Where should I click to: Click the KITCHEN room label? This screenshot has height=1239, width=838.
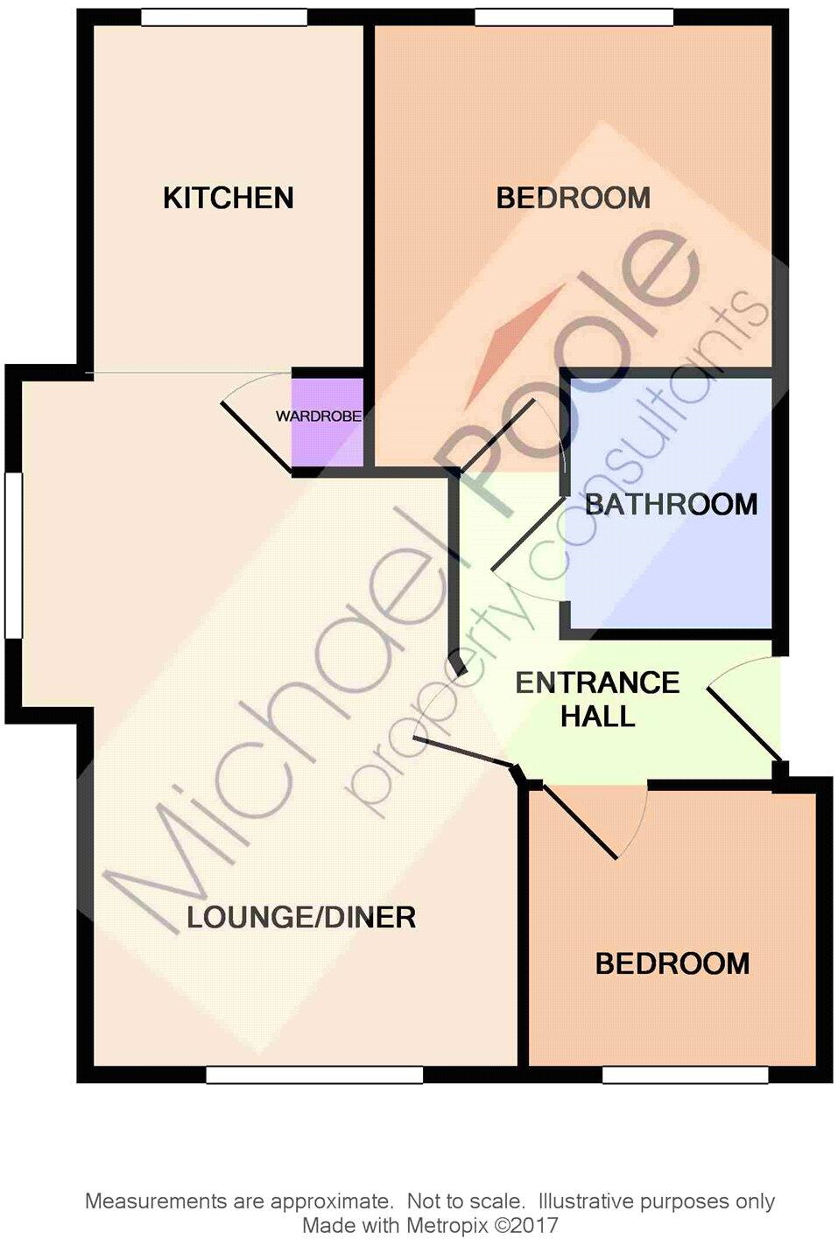click(228, 198)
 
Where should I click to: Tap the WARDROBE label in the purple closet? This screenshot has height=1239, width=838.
click(318, 416)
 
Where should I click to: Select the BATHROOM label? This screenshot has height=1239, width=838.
click(671, 504)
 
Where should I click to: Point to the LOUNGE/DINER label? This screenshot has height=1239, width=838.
click(301, 917)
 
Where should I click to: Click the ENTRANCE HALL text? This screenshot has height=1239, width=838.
click(597, 699)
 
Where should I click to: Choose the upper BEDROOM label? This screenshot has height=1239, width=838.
click(573, 198)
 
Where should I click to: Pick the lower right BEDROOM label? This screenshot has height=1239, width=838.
click(672, 963)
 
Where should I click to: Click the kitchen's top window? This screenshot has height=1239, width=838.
click(224, 17)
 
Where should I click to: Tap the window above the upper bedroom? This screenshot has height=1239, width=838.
click(574, 17)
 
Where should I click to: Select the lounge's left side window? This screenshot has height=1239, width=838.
click(12, 555)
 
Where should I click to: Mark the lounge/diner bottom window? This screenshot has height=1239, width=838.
click(314, 1074)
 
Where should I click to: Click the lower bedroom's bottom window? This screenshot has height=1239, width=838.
click(685, 1074)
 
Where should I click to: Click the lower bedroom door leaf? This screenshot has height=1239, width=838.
click(581, 820)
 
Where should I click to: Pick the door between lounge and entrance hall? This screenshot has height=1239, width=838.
click(463, 752)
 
